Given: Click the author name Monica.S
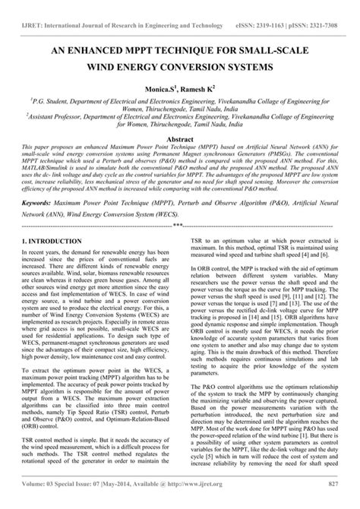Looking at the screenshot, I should pos(152,90).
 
